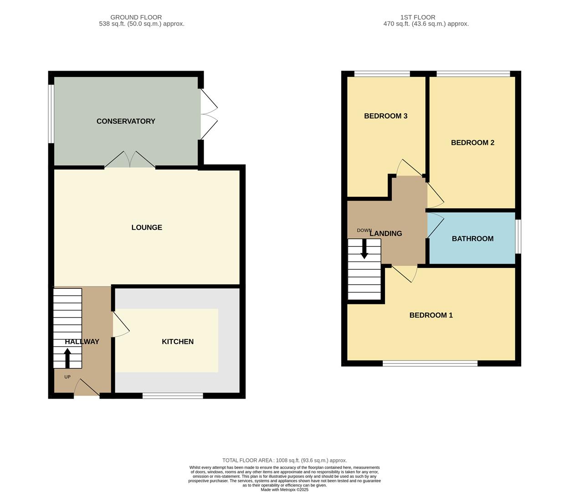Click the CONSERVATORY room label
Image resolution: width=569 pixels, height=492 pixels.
click(x=126, y=121)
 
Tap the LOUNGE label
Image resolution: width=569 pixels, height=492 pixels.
click(x=147, y=227)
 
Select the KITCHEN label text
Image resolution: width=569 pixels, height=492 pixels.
click(x=178, y=342)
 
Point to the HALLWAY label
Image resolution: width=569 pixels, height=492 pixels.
click(x=82, y=342)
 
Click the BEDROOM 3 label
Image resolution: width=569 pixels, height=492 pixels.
click(x=385, y=116)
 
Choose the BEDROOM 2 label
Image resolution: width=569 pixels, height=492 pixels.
click(x=472, y=143)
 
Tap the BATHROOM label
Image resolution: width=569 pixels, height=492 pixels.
click(x=472, y=239)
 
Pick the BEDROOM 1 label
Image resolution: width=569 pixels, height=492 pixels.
click(x=431, y=315)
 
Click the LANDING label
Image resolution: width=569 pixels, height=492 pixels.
click(x=386, y=234)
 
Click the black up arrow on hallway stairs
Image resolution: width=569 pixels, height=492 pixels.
click(x=67, y=358)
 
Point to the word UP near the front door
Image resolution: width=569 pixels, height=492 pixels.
click(x=67, y=377)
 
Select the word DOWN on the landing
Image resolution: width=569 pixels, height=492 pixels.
click(x=364, y=231)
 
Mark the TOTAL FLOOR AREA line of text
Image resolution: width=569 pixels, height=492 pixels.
click(x=284, y=461)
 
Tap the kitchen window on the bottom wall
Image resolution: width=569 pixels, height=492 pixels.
click(x=173, y=396)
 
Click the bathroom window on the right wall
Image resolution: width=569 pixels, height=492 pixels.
click(x=518, y=236)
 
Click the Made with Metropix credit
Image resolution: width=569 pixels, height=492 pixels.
click(x=284, y=490)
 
